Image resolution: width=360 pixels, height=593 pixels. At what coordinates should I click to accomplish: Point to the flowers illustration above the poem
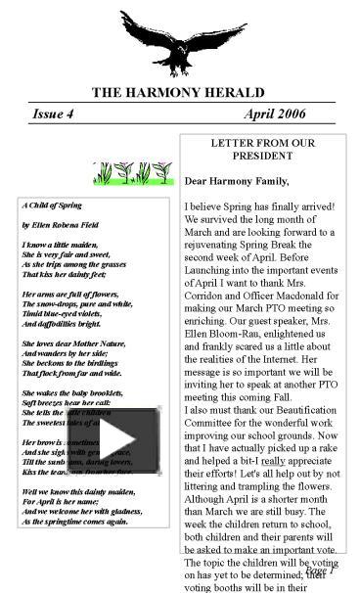pyautogui.click(x=125, y=173)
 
